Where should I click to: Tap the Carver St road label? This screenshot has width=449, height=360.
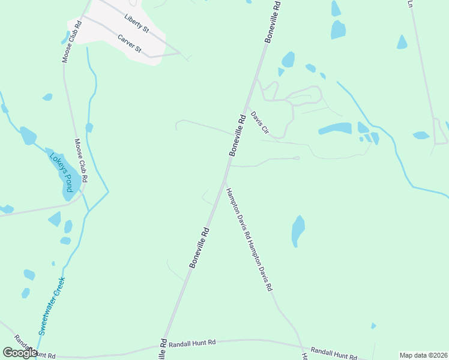point(129,43)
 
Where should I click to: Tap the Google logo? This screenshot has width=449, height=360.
point(20,353)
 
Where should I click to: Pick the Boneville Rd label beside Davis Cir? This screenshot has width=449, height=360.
point(238,136)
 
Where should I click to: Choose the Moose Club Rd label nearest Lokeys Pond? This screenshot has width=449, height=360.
point(81,161)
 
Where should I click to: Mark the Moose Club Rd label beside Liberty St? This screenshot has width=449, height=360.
point(71,41)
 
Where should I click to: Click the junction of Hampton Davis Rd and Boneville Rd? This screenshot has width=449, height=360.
point(224,180)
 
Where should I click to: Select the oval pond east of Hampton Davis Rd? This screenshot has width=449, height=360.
point(298,230)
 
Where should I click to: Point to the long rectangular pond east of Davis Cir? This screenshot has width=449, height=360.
point(335,128)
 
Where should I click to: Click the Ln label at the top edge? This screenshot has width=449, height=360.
point(411,3)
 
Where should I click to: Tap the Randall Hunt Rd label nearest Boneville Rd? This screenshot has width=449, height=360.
point(192,343)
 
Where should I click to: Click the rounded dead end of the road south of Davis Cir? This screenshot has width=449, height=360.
point(297,158)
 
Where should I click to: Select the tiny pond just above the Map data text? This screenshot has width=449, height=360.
point(373,326)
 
